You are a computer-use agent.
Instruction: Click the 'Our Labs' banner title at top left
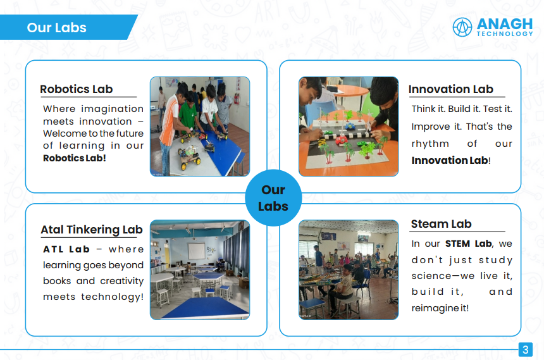pos(56,27)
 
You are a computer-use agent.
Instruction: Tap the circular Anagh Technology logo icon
pos(462,27)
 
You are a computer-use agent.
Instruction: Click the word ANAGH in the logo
pos(504,24)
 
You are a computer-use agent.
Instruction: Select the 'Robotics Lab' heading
pos(77,89)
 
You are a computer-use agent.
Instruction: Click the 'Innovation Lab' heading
pos(450,89)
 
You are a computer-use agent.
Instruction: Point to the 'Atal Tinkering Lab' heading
pos(92,230)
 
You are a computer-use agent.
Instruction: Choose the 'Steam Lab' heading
pos(441,224)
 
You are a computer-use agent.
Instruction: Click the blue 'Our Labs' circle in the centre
pos(273,198)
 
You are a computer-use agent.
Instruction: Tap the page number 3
pos(525,350)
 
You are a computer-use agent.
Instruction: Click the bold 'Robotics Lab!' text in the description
pos(74,158)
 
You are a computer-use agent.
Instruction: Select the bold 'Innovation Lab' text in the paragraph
pos(450,160)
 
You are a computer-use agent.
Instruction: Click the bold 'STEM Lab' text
pos(468,244)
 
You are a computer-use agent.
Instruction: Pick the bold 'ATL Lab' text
pos(66,249)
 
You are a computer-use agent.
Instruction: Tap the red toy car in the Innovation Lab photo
pos(342,140)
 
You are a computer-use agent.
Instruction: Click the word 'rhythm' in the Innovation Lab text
pos(430,144)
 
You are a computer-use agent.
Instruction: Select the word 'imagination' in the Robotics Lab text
pos(112,109)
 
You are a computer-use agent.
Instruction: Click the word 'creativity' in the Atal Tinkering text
pos(122,281)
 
